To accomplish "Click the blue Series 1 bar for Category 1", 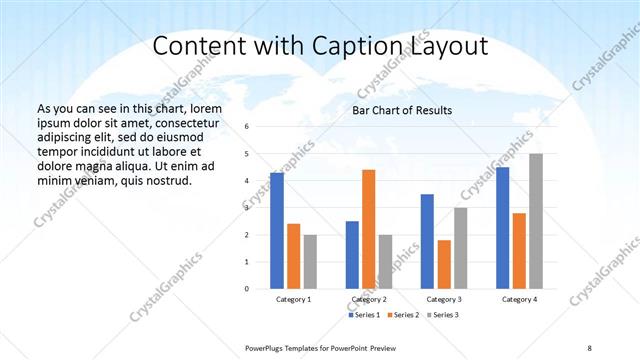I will tap(277, 230).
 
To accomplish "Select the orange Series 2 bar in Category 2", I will tap(368, 229).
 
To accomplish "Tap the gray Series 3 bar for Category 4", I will tap(536, 221).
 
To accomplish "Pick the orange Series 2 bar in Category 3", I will tap(444, 264).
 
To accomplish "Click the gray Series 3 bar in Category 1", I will tap(310, 261).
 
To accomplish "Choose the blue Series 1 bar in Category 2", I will tap(352, 254).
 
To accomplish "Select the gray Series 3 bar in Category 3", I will tap(460, 248).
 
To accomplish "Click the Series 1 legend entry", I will tap(364, 315).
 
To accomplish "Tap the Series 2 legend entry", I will tap(402, 315).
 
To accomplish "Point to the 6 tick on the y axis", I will tap(248, 127).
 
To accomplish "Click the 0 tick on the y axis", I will tap(248, 289).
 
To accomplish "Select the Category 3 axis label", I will tap(444, 299).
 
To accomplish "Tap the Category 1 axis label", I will tap(293, 299).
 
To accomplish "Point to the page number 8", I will tap(590, 346).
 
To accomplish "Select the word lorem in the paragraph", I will tap(202, 108).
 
